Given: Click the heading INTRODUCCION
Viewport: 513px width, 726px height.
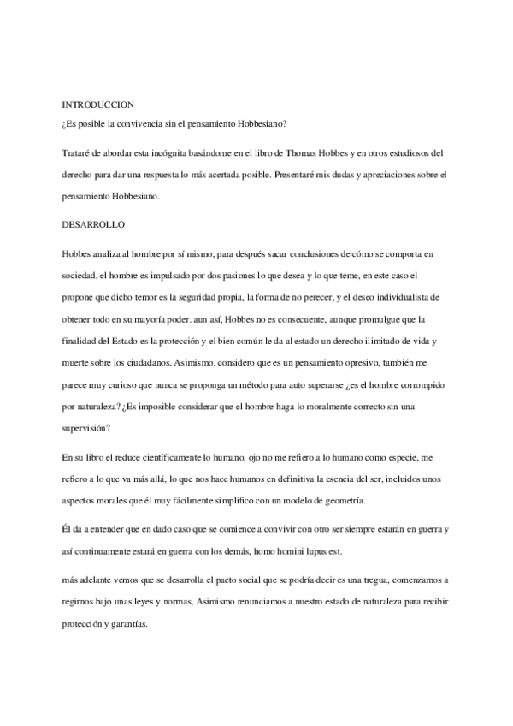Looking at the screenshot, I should tap(98, 104).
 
